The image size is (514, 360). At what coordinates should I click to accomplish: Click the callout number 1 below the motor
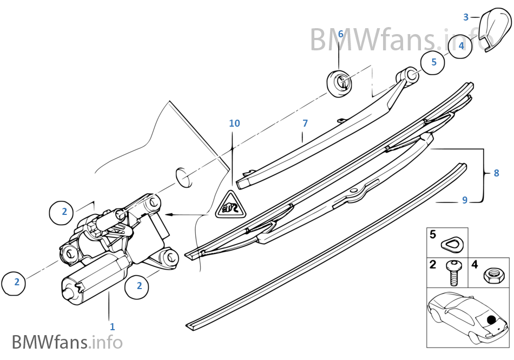point(112,327)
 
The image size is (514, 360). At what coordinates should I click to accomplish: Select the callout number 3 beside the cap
point(466,17)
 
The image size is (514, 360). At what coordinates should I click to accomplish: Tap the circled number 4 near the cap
point(461,45)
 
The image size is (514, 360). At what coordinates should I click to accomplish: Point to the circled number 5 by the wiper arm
point(433,62)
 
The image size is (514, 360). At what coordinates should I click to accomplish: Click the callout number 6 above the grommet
point(340,34)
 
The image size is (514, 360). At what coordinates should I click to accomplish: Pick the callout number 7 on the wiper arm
point(305,123)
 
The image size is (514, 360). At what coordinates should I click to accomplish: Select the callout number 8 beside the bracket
point(496,173)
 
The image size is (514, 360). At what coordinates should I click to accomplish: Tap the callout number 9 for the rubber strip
point(464,200)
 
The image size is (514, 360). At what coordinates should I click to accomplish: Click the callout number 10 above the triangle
point(234,123)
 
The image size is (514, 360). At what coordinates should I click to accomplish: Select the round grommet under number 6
point(339,82)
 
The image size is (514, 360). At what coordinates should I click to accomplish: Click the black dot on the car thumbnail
point(491,319)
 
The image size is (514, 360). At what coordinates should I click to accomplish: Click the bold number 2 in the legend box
point(433,264)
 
